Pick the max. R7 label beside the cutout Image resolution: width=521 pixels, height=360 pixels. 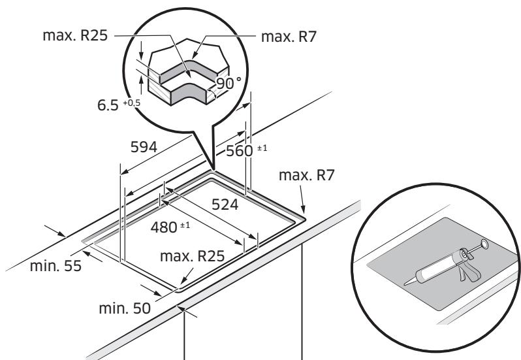[304, 176]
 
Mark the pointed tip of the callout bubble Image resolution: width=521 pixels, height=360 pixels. [213, 168]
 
